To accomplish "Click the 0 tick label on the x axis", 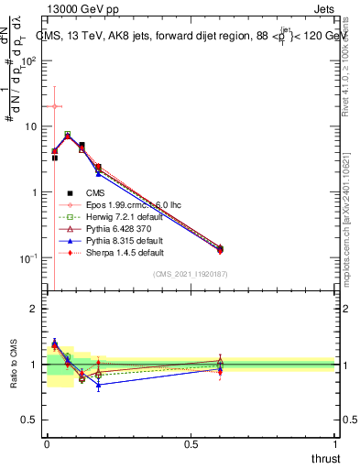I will [47, 443].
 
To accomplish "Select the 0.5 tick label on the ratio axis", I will [30, 420].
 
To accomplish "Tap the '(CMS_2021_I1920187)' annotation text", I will [191, 274].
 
